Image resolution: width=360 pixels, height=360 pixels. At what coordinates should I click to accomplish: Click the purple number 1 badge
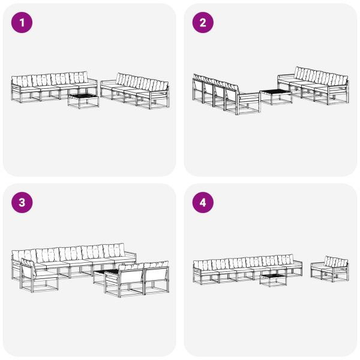[x=23, y=23]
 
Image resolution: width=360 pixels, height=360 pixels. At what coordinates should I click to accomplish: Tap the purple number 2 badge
[x=203, y=23]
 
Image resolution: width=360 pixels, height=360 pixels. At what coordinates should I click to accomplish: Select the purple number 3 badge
[x=23, y=203]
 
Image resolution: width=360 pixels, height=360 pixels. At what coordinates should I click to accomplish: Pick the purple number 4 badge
[x=203, y=203]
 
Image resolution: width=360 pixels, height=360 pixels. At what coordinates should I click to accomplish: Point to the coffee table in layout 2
[x=275, y=97]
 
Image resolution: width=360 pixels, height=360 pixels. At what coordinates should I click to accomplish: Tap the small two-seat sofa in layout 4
[x=329, y=269]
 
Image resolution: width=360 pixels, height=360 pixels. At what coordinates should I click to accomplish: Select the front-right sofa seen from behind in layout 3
[x=138, y=279]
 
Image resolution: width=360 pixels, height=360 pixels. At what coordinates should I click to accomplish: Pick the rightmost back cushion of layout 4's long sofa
[x=287, y=260]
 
